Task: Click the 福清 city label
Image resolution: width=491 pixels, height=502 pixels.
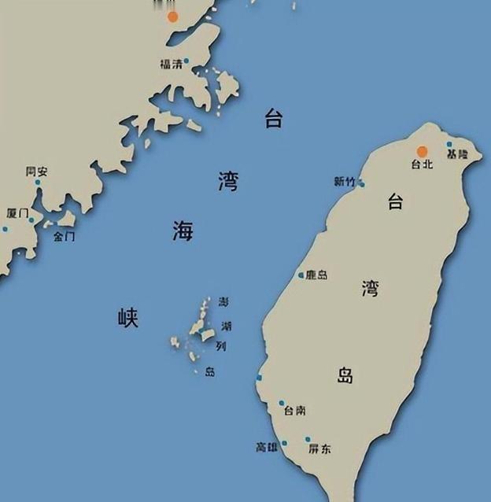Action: click(x=171, y=65)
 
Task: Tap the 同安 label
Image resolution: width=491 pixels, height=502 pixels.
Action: click(x=36, y=171)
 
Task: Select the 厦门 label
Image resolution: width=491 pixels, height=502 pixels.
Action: click(x=17, y=213)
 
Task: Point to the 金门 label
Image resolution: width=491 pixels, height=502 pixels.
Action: click(x=65, y=236)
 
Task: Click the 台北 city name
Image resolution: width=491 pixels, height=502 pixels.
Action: click(x=423, y=164)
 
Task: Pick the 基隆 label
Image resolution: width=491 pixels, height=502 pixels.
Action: click(x=456, y=156)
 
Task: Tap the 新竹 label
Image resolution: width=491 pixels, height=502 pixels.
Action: click(x=345, y=182)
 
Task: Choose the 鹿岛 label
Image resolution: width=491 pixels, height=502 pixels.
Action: click(x=317, y=275)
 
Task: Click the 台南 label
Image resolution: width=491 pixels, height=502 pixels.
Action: click(x=295, y=411)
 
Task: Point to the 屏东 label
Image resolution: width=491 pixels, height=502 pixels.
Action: click(x=319, y=449)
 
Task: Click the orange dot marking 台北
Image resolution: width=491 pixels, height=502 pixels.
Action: click(x=423, y=151)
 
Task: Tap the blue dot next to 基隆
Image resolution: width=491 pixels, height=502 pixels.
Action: click(x=449, y=145)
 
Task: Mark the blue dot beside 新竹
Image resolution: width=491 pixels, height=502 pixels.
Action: click(x=361, y=184)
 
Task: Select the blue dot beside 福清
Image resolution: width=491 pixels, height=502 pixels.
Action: click(x=186, y=60)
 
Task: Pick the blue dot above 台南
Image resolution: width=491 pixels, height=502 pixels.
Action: click(x=282, y=403)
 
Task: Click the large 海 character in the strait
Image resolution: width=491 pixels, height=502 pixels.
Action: click(x=183, y=231)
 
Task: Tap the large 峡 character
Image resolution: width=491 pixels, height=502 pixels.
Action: click(x=127, y=318)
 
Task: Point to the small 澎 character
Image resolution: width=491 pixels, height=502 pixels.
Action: click(x=224, y=303)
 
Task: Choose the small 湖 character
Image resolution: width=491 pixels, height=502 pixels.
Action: click(x=227, y=325)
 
